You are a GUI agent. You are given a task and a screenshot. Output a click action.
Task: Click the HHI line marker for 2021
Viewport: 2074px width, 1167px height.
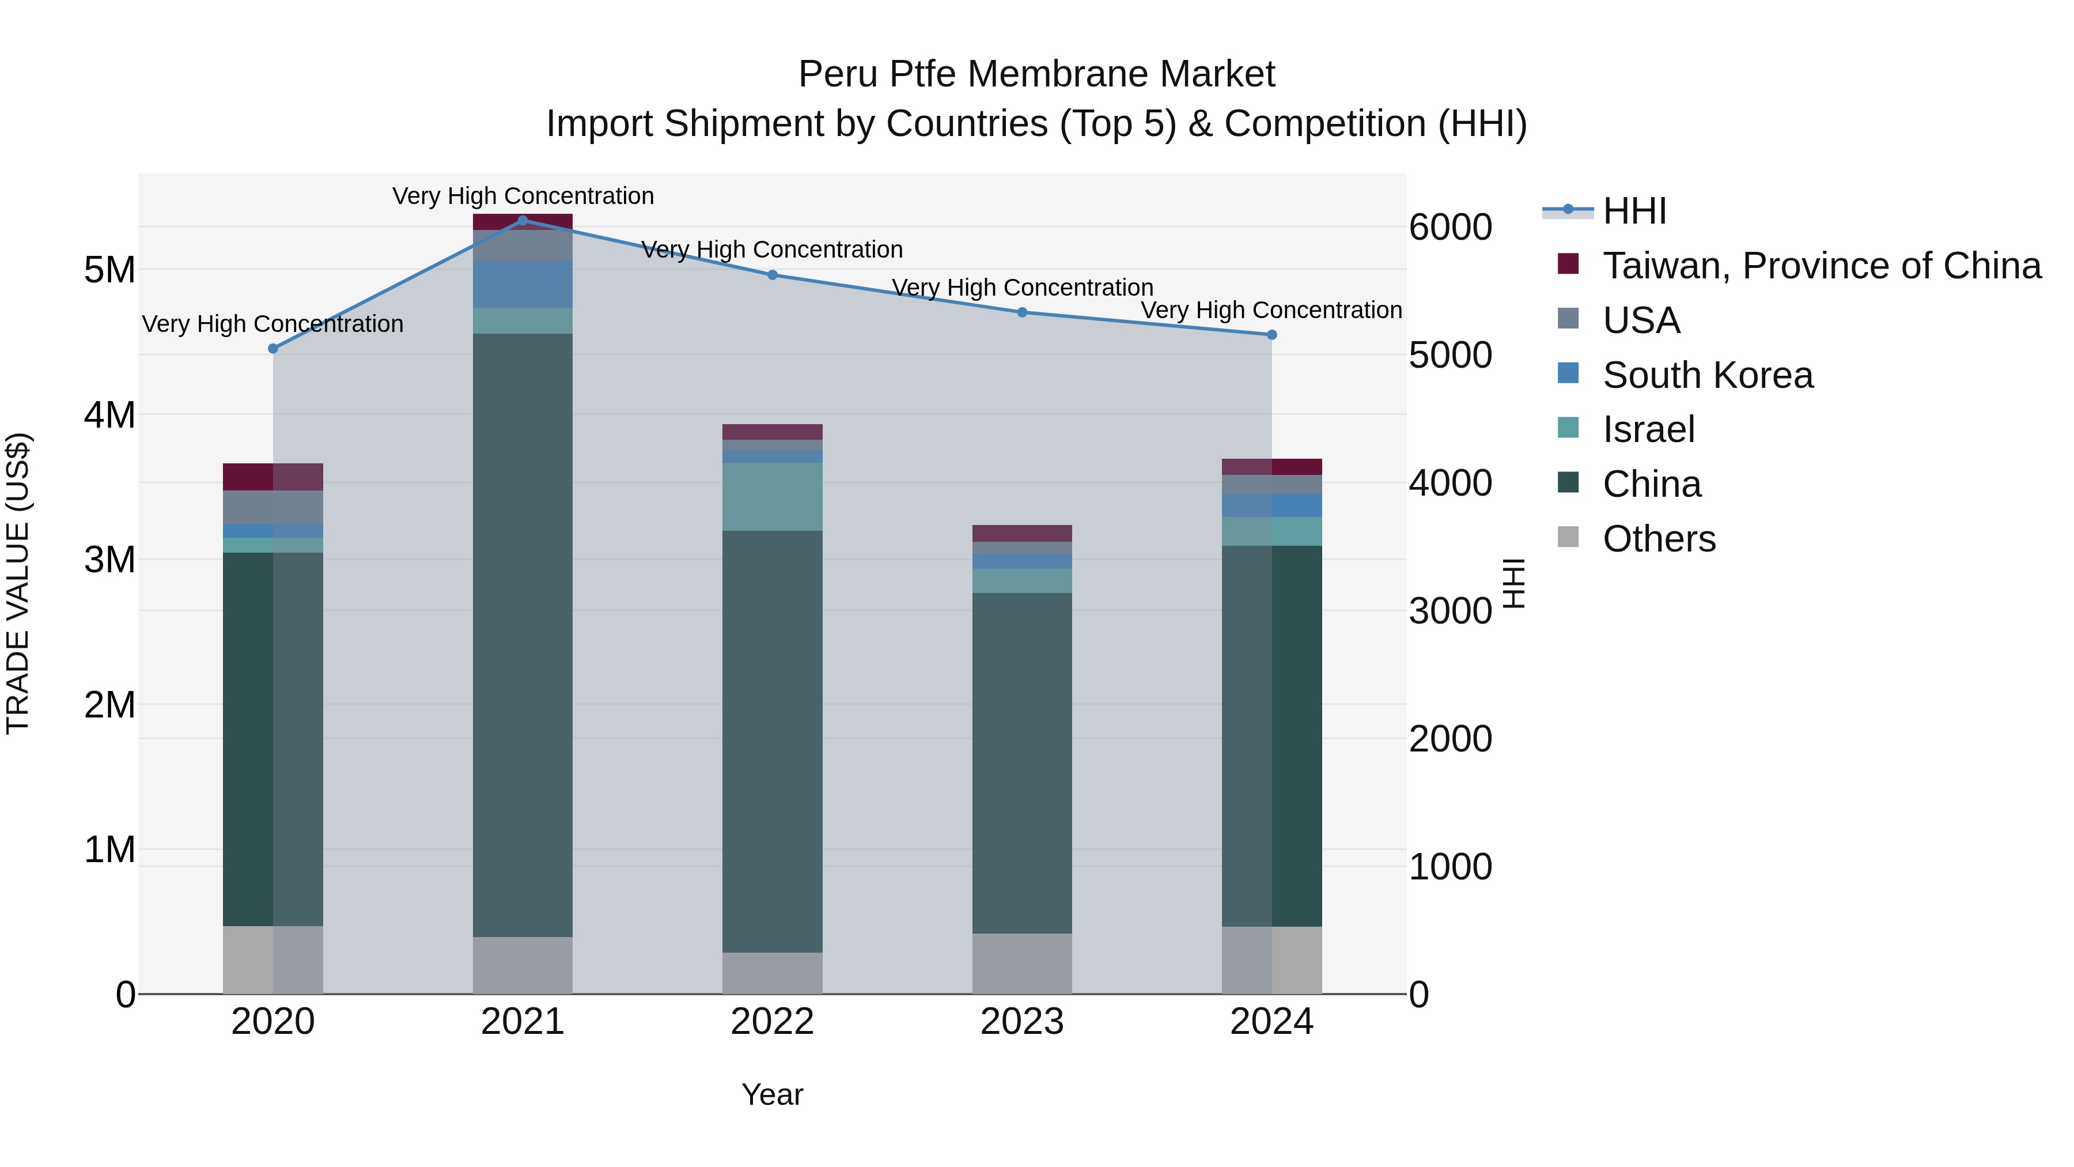523,220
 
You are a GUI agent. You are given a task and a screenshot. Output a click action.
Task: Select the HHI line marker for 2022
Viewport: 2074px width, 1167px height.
772,275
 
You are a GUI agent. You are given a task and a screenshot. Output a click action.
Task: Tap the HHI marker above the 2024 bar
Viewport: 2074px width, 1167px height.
1272,334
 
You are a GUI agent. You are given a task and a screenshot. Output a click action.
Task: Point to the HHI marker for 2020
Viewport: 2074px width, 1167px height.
273,349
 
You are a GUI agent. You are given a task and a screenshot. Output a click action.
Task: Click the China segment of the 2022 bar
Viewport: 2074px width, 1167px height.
772,741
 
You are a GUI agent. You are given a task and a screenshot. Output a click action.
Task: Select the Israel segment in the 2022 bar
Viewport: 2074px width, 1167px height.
772,496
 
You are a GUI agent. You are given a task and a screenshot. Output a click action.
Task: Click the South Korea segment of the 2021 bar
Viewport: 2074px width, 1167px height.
523,284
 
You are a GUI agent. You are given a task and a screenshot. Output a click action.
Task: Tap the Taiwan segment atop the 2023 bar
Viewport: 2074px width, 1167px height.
1021,533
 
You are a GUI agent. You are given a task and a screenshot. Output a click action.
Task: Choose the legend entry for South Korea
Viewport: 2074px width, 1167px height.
1707,375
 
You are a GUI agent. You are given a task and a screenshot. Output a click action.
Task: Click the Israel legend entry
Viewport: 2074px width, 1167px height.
1648,429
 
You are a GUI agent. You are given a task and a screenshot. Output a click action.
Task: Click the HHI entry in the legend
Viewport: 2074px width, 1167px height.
1634,211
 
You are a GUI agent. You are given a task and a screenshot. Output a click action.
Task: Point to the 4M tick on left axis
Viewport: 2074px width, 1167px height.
109,415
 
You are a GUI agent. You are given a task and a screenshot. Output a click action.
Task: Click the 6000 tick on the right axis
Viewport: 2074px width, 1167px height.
1450,227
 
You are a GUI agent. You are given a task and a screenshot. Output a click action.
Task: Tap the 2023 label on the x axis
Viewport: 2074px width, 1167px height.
1021,1022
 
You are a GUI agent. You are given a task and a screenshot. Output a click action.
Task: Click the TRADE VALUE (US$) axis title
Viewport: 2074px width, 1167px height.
18,583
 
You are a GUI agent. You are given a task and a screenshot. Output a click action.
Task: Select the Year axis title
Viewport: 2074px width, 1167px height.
772,1094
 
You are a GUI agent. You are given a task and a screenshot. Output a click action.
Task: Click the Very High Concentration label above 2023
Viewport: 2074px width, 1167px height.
1021,288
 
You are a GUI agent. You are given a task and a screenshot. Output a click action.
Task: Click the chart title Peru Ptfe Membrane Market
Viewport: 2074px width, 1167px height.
1036,74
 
